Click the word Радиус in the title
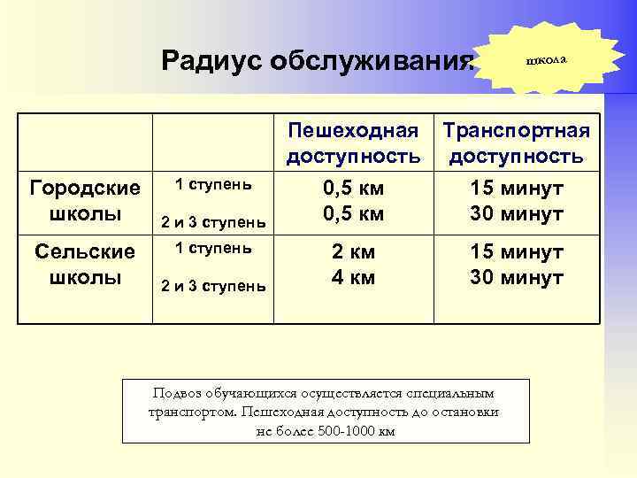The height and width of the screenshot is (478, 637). (x=212, y=61)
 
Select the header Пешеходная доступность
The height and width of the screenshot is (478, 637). (x=353, y=144)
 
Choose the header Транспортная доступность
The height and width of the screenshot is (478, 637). (x=516, y=144)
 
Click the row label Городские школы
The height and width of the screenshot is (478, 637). (x=85, y=201)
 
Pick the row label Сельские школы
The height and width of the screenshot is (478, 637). (x=85, y=265)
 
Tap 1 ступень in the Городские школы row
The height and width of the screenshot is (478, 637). (x=213, y=185)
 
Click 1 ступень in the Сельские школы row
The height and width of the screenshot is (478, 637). (x=213, y=248)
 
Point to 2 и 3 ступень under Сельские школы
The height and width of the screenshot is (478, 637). (x=213, y=284)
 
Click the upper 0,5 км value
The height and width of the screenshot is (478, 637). (x=353, y=189)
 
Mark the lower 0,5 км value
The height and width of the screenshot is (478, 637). (x=353, y=213)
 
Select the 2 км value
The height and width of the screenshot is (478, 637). (x=353, y=252)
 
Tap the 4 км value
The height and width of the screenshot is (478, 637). (x=353, y=277)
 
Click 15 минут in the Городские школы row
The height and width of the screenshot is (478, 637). (x=517, y=189)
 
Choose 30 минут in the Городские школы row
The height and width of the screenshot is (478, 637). (x=517, y=213)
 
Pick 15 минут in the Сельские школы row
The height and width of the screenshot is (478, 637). (x=517, y=252)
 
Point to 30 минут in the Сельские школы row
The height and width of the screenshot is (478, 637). (x=517, y=277)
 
